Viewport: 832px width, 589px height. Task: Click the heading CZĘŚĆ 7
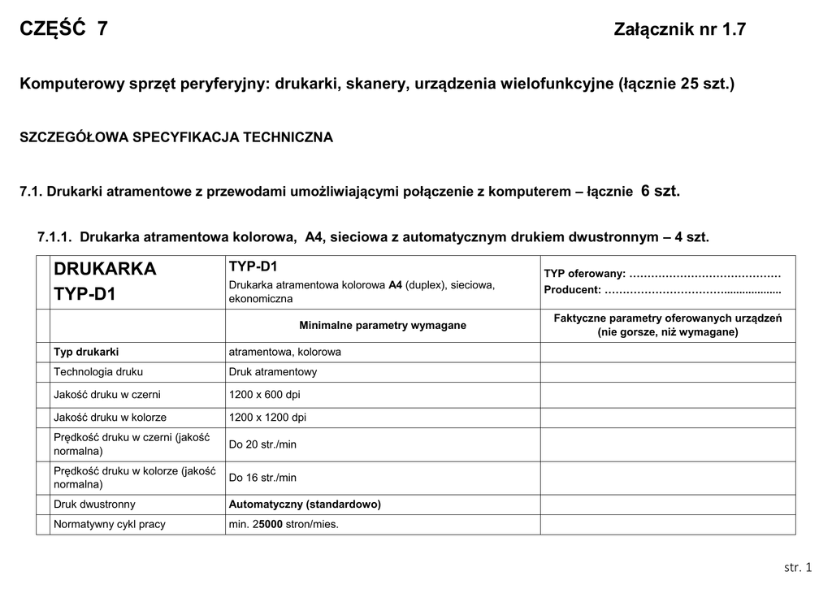[63, 30]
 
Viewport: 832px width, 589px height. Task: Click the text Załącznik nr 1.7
[680, 30]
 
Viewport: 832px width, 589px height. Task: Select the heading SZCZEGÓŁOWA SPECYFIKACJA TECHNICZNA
[176, 137]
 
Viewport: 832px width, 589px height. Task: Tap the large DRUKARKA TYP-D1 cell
[105, 281]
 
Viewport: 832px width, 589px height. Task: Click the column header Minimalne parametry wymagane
[383, 325]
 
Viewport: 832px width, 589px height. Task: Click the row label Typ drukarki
[86, 352]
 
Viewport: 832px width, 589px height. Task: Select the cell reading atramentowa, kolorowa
[285, 352]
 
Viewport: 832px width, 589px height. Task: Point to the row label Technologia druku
[98, 371]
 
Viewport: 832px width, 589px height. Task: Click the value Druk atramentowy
[273, 371]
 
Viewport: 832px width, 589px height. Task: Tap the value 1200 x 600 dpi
[265, 394]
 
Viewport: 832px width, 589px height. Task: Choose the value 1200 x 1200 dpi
[268, 417]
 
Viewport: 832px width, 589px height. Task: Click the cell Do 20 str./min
[262, 444]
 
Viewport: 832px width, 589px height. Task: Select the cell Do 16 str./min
[262, 478]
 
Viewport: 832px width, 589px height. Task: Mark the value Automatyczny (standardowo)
[305, 504]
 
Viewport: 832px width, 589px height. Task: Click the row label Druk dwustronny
[94, 504]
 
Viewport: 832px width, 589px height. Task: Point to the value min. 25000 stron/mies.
[284, 524]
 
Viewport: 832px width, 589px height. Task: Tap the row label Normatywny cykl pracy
[110, 524]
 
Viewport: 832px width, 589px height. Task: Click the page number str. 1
[798, 566]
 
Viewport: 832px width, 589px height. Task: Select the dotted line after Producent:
[693, 289]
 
